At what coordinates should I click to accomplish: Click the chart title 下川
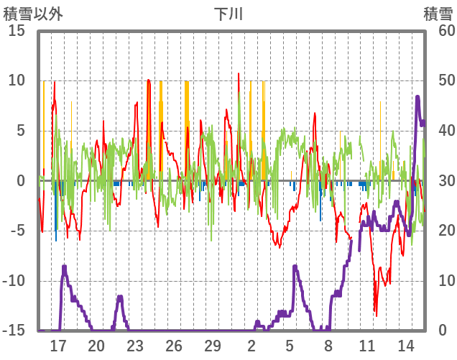(228, 14)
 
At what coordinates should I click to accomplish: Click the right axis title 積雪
(438, 14)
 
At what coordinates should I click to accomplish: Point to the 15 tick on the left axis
(16, 31)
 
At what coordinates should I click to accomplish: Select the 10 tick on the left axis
(16, 80)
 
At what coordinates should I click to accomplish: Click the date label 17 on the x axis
(58, 346)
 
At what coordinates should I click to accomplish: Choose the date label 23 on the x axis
(135, 346)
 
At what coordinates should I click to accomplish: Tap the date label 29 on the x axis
(212, 346)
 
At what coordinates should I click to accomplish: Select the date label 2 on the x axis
(251, 346)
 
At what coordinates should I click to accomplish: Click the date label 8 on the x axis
(328, 346)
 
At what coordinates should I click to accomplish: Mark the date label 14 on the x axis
(405, 346)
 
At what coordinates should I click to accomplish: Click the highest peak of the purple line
(417, 96)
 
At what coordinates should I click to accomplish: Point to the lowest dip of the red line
(375, 315)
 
